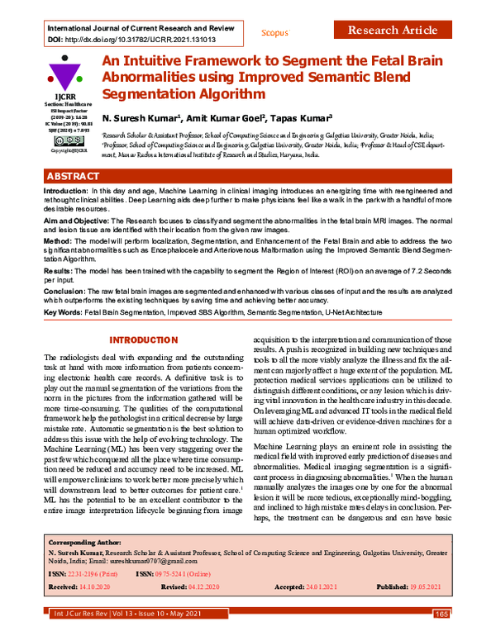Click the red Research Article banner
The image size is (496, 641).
pyautogui.click(x=392, y=31)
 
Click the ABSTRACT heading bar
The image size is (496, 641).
pyautogui.click(x=248, y=177)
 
